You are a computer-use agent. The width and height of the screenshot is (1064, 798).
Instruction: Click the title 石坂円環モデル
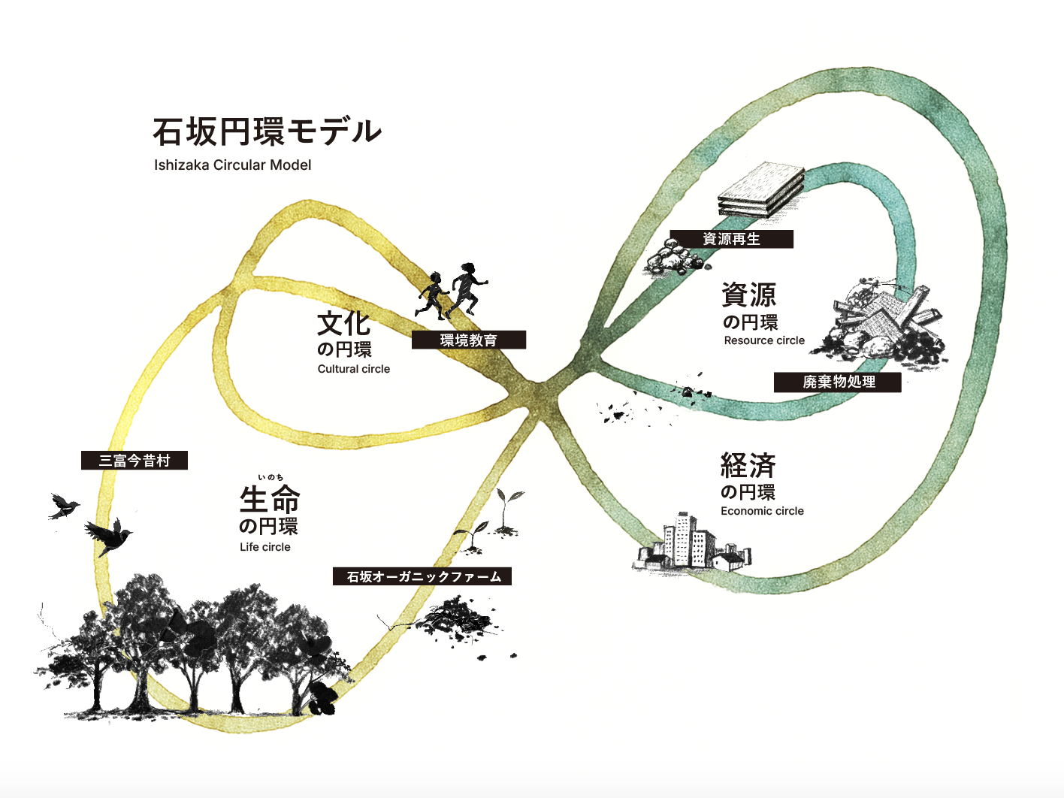tap(267, 131)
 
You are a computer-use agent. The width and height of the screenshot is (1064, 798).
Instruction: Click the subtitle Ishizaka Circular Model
tap(232, 165)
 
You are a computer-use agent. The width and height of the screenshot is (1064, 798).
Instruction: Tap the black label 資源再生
tap(731, 239)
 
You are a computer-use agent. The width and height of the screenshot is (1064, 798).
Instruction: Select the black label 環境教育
tap(468, 340)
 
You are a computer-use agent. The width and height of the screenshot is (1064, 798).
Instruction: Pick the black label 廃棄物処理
tap(838, 382)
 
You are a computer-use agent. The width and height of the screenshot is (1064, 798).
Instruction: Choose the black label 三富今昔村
tap(135, 461)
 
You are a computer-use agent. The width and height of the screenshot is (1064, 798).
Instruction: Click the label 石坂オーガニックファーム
tap(422, 576)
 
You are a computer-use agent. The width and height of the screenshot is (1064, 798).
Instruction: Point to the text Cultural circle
tap(353, 369)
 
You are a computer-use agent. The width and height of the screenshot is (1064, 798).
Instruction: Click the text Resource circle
tap(764, 340)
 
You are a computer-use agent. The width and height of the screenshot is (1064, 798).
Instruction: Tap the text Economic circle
tap(762, 511)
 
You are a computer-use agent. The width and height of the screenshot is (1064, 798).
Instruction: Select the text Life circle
tap(264, 547)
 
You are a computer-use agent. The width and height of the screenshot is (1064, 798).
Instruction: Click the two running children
tap(453, 292)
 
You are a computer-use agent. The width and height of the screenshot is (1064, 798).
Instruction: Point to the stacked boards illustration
tap(760, 189)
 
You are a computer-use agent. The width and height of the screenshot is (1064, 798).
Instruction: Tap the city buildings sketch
tap(690, 543)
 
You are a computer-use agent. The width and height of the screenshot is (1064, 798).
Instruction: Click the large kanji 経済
tap(748, 466)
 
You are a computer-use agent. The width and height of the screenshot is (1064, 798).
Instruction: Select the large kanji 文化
tap(343, 324)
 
